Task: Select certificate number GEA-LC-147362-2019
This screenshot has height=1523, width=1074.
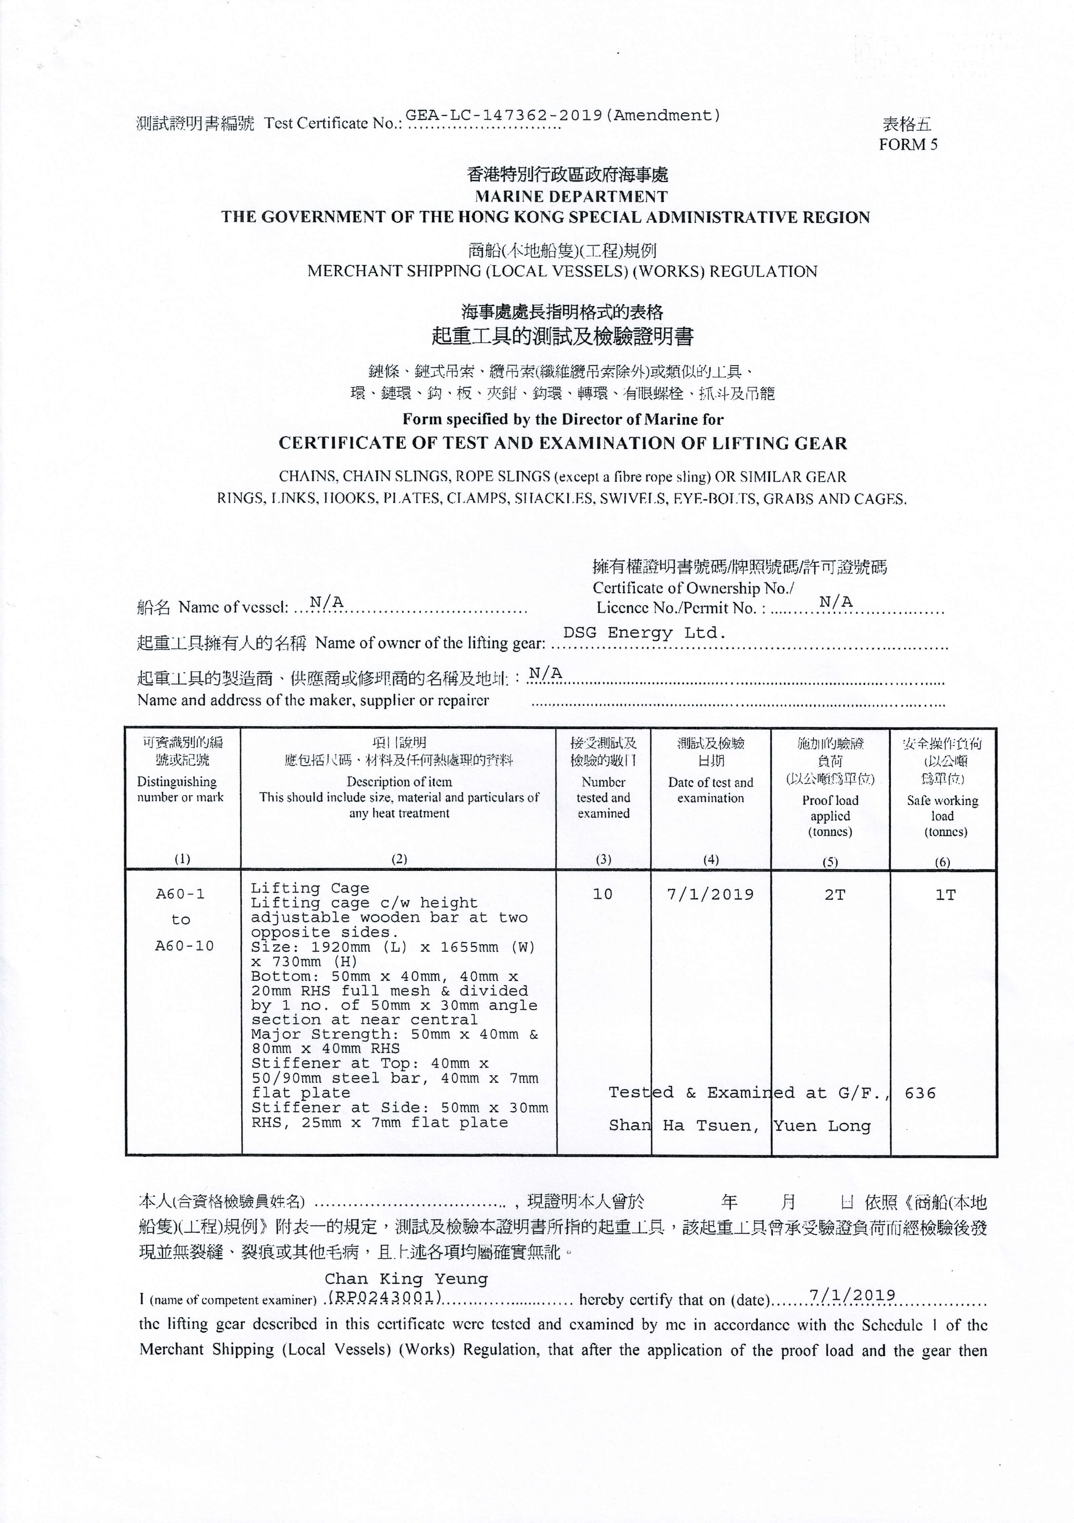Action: click(x=504, y=115)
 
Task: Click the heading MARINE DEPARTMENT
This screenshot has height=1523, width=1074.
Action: click(x=570, y=196)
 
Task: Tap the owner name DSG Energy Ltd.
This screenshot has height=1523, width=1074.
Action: click(x=644, y=633)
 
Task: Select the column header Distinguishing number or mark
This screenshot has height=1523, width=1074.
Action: click(x=180, y=789)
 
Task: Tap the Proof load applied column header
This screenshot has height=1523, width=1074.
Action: click(x=830, y=816)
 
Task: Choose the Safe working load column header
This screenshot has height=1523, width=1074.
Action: click(x=942, y=816)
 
